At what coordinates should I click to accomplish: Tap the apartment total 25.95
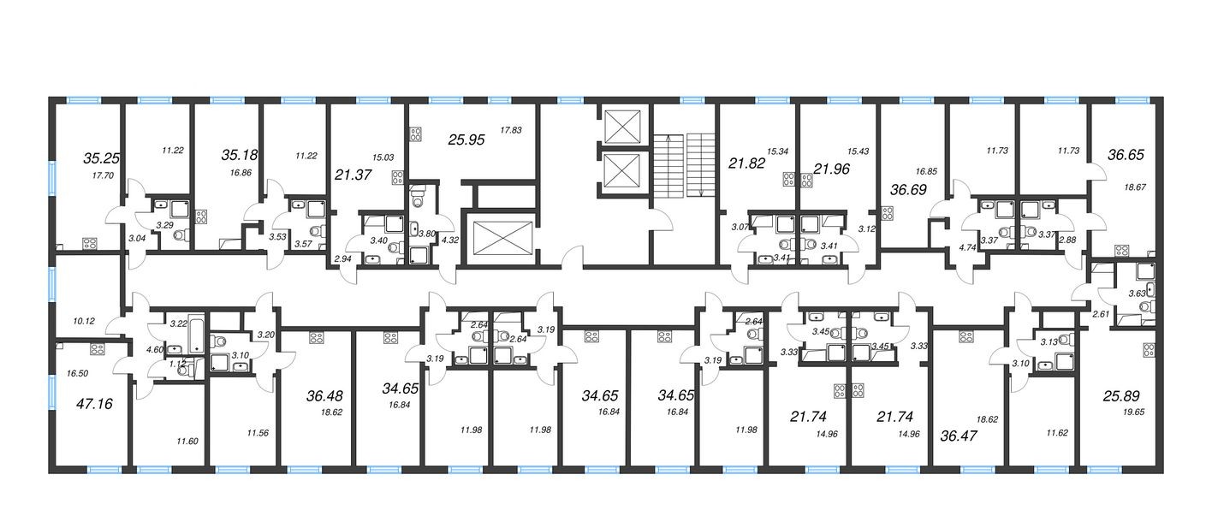point(467,139)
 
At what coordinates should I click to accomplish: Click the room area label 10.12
point(84,321)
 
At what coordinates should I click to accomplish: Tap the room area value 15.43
point(858,151)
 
